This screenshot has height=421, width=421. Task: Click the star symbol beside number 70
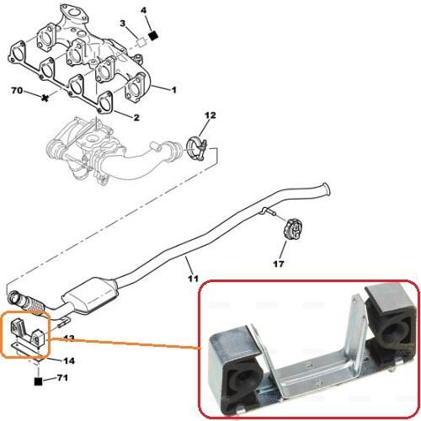[45, 99]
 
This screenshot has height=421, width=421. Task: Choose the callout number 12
[210, 115]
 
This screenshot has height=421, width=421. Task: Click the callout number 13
[69, 338]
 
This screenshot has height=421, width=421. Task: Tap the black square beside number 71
[38, 381]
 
